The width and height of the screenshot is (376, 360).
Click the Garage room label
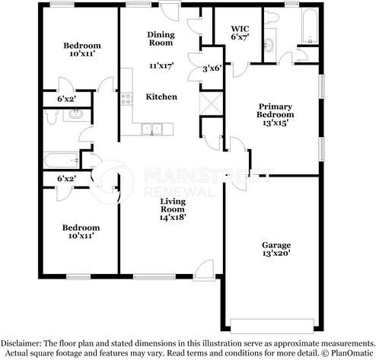[276, 249]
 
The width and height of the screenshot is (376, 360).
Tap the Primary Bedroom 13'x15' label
[276, 114]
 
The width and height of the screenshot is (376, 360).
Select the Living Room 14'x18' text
[173, 209]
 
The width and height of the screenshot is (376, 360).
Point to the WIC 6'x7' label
[240, 33]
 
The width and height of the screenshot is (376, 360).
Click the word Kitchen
[161, 97]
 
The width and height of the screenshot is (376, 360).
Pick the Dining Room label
[161, 39]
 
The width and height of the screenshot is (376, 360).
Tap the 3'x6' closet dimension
[212, 68]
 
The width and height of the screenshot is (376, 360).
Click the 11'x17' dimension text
[161, 65]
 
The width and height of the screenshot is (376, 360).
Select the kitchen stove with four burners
[126, 99]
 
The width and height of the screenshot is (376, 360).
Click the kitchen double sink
[152, 129]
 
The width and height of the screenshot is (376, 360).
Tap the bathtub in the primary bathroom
[310, 26]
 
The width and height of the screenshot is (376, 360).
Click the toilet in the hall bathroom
[51, 116]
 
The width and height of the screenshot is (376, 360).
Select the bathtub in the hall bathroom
[61, 160]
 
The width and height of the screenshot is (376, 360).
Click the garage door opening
[272, 326]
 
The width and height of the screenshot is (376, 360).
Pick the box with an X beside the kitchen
[212, 104]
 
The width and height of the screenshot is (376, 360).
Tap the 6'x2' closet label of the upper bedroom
[67, 99]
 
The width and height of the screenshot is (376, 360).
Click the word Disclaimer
[21, 343]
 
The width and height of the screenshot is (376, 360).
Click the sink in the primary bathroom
[269, 45]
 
